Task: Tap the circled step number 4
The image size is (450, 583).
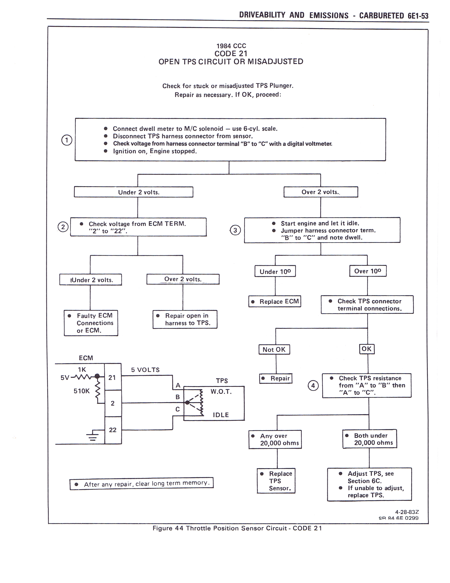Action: click(x=313, y=385)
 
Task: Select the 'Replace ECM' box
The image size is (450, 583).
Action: click(x=275, y=301)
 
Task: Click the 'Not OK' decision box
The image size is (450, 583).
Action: click(x=274, y=349)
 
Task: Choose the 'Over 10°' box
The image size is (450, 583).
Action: click(x=368, y=271)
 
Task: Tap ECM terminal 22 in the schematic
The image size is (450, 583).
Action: click(x=113, y=430)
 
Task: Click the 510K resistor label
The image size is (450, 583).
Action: click(x=82, y=391)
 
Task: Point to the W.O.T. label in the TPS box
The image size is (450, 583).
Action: click(x=221, y=392)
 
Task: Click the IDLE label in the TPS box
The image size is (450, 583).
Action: click(x=221, y=415)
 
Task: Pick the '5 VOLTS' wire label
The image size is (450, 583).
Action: click(x=145, y=370)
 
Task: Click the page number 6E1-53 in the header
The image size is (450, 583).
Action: click(x=418, y=16)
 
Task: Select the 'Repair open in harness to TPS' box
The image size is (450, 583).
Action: click(x=185, y=319)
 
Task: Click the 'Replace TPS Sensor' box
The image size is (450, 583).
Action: click(x=276, y=481)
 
